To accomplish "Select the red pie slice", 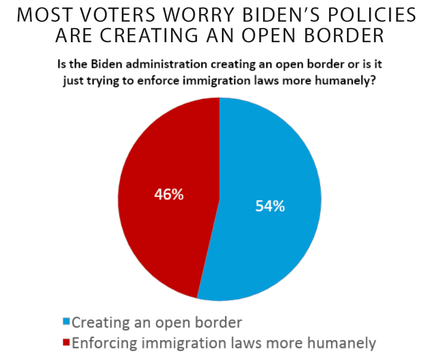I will coord(162,227).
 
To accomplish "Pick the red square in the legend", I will coord(66,342).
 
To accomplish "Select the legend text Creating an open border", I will coord(156,323).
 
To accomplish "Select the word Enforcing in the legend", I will coord(99,342).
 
